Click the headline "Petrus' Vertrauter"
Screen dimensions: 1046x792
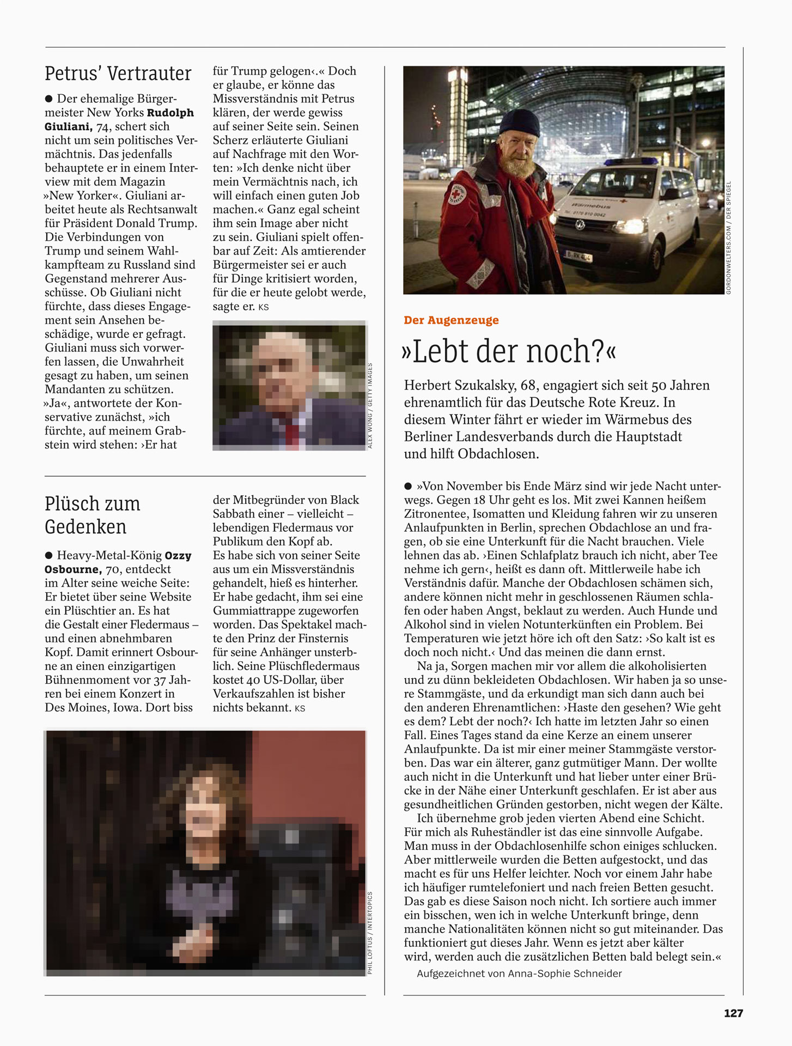[x=118, y=74]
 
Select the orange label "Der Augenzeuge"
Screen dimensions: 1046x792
[x=451, y=320]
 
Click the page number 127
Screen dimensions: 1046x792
[x=733, y=1013]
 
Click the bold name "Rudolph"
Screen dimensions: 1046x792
[x=170, y=113]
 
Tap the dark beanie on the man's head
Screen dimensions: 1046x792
[x=520, y=123]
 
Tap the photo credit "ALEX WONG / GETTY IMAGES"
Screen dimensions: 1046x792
[x=370, y=406]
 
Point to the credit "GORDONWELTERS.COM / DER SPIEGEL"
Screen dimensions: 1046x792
[x=729, y=238]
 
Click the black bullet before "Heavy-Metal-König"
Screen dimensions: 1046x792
[x=49, y=555]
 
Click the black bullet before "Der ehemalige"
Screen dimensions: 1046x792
[x=49, y=99]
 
